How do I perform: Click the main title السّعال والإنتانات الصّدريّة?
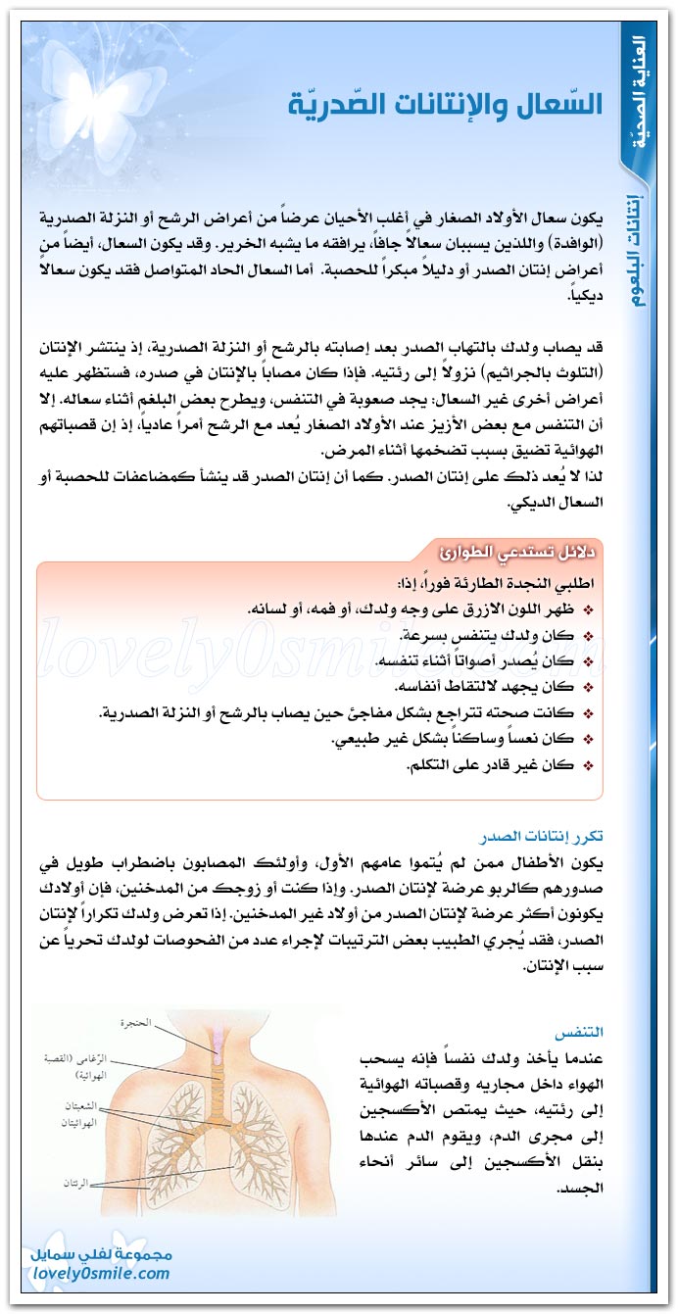(x=445, y=102)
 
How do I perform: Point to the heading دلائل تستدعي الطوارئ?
(x=519, y=551)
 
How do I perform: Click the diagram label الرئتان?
(x=71, y=1183)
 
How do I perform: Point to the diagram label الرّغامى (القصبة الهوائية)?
(x=64, y=1066)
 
